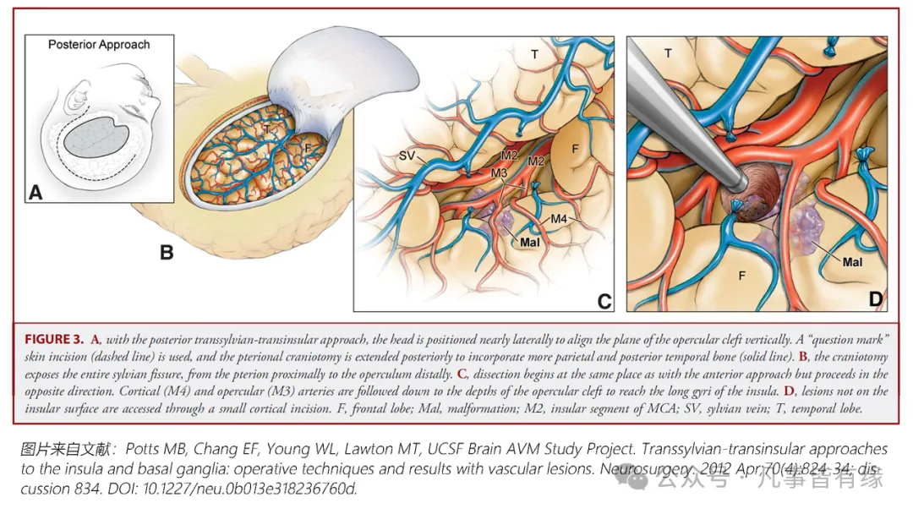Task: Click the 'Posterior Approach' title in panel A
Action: (99, 44)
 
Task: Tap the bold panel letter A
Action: (36, 193)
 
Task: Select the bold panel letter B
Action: (167, 251)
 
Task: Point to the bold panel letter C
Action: (604, 301)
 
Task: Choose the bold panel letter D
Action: (874, 298)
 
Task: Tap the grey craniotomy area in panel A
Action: (95, 139)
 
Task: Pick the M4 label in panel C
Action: (558, 220)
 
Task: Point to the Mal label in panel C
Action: (530, 243)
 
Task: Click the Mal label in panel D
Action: (852, 262)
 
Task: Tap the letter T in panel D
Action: (668, 52)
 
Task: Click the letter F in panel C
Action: (575, 149)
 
